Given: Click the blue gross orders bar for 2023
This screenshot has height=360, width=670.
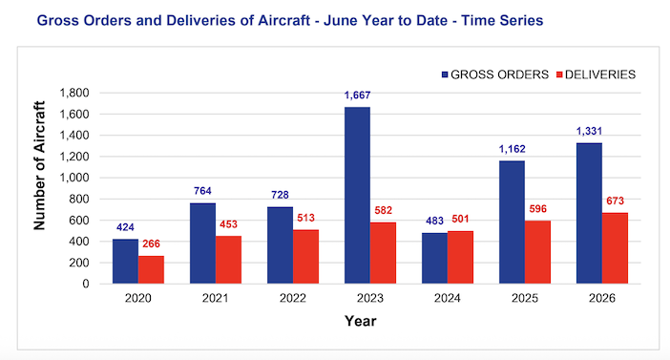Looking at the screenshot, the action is coord(357,196).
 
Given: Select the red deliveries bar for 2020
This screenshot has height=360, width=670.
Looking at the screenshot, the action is coord(151,270).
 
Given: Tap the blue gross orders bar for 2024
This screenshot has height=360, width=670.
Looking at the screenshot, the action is coord(434,258).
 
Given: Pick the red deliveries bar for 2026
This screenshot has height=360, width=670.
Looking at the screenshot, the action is coord(615,248).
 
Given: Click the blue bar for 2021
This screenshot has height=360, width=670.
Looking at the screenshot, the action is coord(202,244).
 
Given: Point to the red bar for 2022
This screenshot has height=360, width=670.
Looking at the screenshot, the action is coord(306,257).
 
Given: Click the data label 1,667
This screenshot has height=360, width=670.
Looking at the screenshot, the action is coord(357,95).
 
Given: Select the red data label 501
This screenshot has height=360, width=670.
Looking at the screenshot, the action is coord(460,220).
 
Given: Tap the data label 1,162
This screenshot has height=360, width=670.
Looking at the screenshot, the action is coord(512,149).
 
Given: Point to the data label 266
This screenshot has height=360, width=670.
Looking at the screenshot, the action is coord(151,244).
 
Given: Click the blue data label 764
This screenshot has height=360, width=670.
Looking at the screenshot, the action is coord(202,191).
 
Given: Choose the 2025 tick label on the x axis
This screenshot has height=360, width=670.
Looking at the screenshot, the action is coord(525,298).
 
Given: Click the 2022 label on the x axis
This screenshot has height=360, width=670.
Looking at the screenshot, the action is coord(293,298).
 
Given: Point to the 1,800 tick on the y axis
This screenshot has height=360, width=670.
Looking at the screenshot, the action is coord(74,93).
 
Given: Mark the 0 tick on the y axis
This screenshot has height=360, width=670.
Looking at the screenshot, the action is coord(86,284).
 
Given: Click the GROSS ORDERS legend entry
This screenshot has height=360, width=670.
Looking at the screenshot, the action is coord(495,74).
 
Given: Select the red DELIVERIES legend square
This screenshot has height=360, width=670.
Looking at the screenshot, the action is coord(559,74).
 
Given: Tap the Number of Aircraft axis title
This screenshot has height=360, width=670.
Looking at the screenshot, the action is coord(39,166).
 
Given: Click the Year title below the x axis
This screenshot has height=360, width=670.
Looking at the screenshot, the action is coord(361,321).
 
